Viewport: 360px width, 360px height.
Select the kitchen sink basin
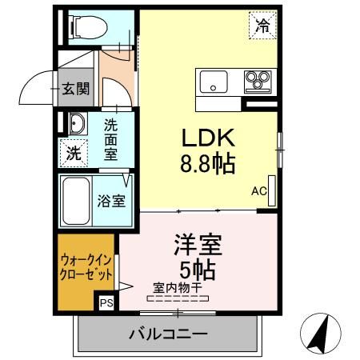214,81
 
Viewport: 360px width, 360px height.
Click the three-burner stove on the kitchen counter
258,81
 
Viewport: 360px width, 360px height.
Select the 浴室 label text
111,200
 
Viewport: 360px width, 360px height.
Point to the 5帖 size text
198,269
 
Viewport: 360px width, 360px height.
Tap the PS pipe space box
106,302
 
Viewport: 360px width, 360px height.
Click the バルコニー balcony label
167,333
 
